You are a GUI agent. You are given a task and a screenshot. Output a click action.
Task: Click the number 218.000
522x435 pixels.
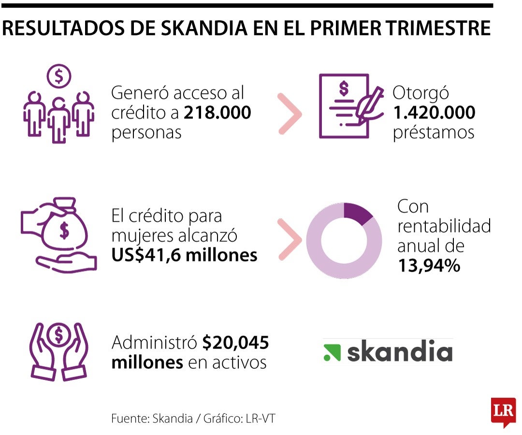(x=217, y=113)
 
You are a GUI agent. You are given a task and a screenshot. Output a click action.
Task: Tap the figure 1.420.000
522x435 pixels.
(x=434, y=113)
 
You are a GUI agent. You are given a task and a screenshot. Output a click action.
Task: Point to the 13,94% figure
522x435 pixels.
(x=429, y=266)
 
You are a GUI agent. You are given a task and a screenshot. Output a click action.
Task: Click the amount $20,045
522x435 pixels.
(x=235, y=343)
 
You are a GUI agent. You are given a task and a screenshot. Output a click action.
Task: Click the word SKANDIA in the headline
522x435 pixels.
(x=204, y=28)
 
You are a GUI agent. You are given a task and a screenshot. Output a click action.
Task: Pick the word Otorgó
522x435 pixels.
(x=420, y=93)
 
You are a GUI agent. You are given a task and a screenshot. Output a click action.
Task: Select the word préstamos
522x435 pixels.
(x=434, y=133)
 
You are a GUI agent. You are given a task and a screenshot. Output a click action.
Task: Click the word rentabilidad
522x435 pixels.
(x=444, y=226)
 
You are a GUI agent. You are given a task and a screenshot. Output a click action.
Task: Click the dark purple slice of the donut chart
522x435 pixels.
(x=357, y=213)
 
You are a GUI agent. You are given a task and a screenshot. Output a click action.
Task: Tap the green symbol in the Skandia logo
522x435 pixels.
(x=332, y=353)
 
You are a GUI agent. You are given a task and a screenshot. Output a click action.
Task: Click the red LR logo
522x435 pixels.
(x=503, y=412)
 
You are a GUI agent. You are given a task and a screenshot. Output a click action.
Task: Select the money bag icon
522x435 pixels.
(x=64, y=225)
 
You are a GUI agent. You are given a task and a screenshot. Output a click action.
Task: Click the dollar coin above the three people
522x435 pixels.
(x=59, y=76)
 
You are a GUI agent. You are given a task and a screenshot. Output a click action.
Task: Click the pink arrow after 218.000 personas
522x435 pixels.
(x=290, y=114)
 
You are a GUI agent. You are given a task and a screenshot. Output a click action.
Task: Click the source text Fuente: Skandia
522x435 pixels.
(x=152, y=419)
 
